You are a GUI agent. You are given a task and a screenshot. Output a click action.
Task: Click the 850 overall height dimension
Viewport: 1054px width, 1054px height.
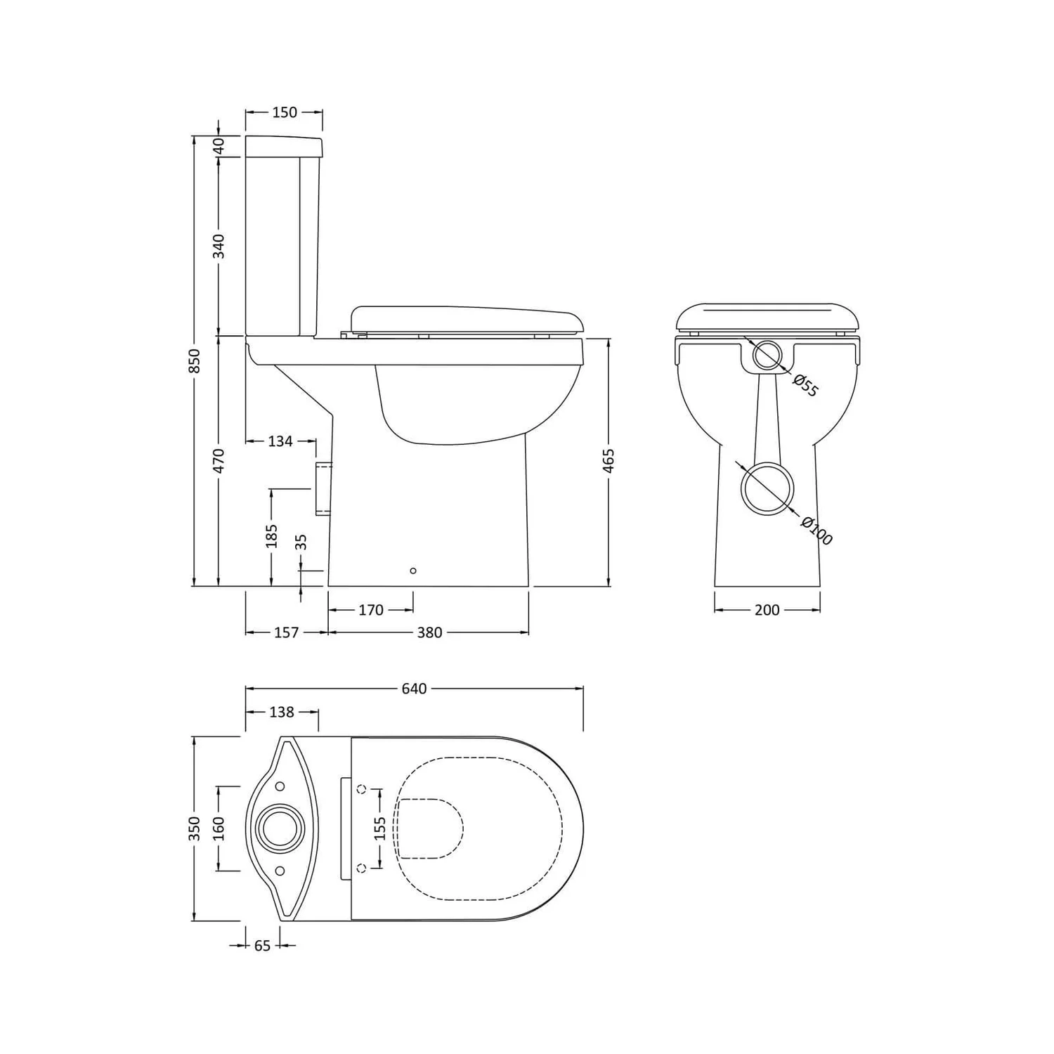point(195,361)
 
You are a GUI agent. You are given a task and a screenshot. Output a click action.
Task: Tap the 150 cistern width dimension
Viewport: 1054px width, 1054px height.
point(284,112)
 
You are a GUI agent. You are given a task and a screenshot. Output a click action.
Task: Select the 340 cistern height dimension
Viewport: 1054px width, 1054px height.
point(219,246)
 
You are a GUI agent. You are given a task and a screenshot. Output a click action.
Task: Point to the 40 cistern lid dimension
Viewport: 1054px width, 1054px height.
point(219,146)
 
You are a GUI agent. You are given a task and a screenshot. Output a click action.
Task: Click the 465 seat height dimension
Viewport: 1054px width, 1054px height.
point(609,460)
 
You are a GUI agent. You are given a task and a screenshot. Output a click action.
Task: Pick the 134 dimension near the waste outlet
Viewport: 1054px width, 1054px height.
point(280,441)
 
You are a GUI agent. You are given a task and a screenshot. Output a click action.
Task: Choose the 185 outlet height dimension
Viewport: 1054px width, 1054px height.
point(272,535)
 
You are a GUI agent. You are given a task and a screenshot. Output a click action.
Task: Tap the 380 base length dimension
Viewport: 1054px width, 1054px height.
point(429,632)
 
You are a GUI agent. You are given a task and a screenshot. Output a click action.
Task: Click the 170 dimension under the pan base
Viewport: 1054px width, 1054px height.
point(371,610)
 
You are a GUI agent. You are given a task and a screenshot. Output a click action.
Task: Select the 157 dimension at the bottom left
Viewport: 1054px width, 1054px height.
point(286,632)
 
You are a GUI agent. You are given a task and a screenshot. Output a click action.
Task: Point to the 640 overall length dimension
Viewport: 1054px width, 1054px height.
point(414,689)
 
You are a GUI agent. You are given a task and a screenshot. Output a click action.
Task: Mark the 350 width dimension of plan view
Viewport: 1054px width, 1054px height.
point(195,828)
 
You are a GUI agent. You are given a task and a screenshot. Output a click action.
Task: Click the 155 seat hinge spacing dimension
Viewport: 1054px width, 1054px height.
point(380,828)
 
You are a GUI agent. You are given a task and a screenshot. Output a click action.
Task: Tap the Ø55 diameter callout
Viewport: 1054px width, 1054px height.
point(805,386)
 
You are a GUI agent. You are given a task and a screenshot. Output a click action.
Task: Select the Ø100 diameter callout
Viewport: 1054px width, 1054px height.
point(816,531)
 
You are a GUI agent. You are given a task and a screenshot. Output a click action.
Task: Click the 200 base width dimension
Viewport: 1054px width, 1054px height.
point(767,610)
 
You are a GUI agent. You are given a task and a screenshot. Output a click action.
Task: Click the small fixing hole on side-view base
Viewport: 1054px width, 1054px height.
point(412,571)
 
